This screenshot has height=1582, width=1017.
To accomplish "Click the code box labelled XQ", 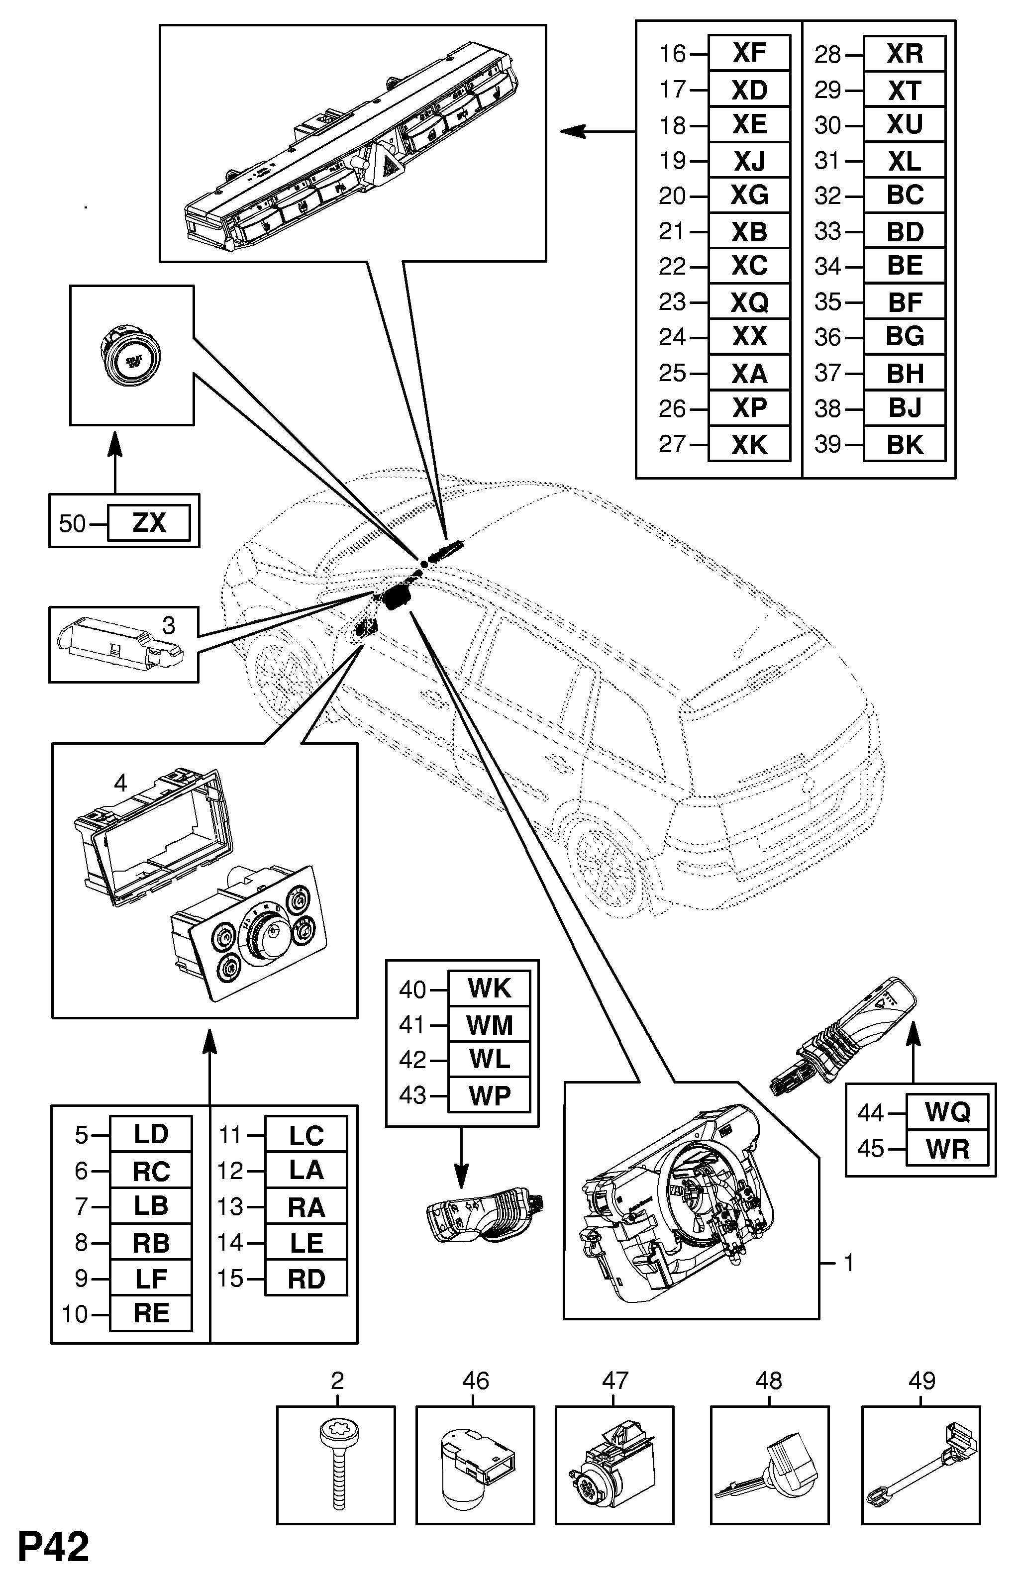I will pyautogui.click(x=749, y=302).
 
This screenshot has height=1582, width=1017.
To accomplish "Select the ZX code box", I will pyautogui.click(x=149, y=522).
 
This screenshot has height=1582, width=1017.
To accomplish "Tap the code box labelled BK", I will pyautogui.click(x=904, y=444).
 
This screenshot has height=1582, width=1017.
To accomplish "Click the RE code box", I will pyautogui.click(x=151, y=1313).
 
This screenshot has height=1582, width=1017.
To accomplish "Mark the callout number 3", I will pyautogui.click(x=168, y=625).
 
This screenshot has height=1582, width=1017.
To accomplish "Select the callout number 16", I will pyautogui.click(x=672, y=53).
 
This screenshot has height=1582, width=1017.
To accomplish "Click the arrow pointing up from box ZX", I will pyautogui.click(x=115, y=462).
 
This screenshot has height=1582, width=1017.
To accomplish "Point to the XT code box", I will pyautogui.click(x=904, y=90).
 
